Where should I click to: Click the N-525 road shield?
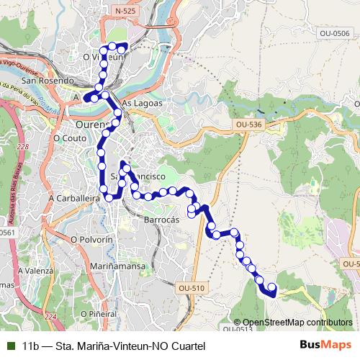(124, 12)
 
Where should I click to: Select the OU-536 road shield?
(248, 125)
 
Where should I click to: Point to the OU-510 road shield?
(189, 287)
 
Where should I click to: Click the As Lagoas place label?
(139, 103)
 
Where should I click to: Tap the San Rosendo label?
(48, 81)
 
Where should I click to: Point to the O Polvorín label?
(92, 238)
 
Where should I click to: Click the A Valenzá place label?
(37, 270)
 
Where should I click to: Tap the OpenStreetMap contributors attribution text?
(297, 322)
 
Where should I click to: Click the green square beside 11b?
(10, 346)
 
